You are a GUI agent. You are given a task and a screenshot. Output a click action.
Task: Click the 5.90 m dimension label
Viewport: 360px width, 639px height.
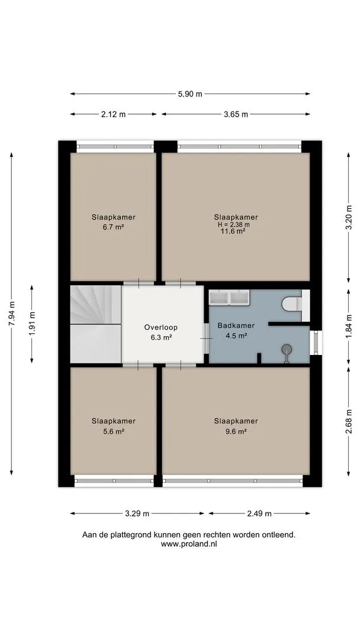(x=190, y=94)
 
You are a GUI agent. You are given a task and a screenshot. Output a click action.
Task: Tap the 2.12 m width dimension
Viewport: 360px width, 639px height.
(x=113, y=115)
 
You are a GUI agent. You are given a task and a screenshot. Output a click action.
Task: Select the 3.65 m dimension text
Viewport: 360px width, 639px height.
(x=236, y=115)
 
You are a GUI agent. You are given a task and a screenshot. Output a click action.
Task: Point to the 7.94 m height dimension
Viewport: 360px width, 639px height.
(x=11, y=314)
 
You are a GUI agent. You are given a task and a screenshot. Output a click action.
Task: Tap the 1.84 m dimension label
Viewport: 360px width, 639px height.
(x=349, y=327)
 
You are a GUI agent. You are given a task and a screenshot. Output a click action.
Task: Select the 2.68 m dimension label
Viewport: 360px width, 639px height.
(x=349, y=421)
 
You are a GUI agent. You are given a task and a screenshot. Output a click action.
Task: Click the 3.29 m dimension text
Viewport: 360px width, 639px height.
(x=137, y=514)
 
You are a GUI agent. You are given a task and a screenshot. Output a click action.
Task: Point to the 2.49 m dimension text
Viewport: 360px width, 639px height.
(x=259, y=514)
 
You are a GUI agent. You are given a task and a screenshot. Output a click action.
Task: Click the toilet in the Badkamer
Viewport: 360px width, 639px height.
(x=292, y=304)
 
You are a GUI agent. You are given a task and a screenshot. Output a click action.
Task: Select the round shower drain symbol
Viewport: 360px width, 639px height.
(x=287, y=348)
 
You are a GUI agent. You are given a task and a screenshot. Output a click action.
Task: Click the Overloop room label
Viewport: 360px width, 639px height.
(x=160, y=327)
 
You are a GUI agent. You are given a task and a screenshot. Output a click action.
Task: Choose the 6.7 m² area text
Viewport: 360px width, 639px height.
(x=113, y=227)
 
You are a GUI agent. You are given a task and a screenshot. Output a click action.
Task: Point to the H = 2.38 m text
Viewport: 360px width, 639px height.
(x=233, y=224)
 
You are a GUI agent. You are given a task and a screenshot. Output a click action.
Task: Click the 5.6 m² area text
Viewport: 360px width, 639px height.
(x=113, y=431)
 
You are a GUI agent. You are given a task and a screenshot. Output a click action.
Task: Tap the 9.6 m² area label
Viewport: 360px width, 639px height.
(x=236, y=431)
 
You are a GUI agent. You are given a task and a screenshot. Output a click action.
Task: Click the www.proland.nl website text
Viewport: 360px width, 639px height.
(x=189, y=544)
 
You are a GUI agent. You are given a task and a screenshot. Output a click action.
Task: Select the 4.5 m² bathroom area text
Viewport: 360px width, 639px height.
(x=236, y=336)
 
